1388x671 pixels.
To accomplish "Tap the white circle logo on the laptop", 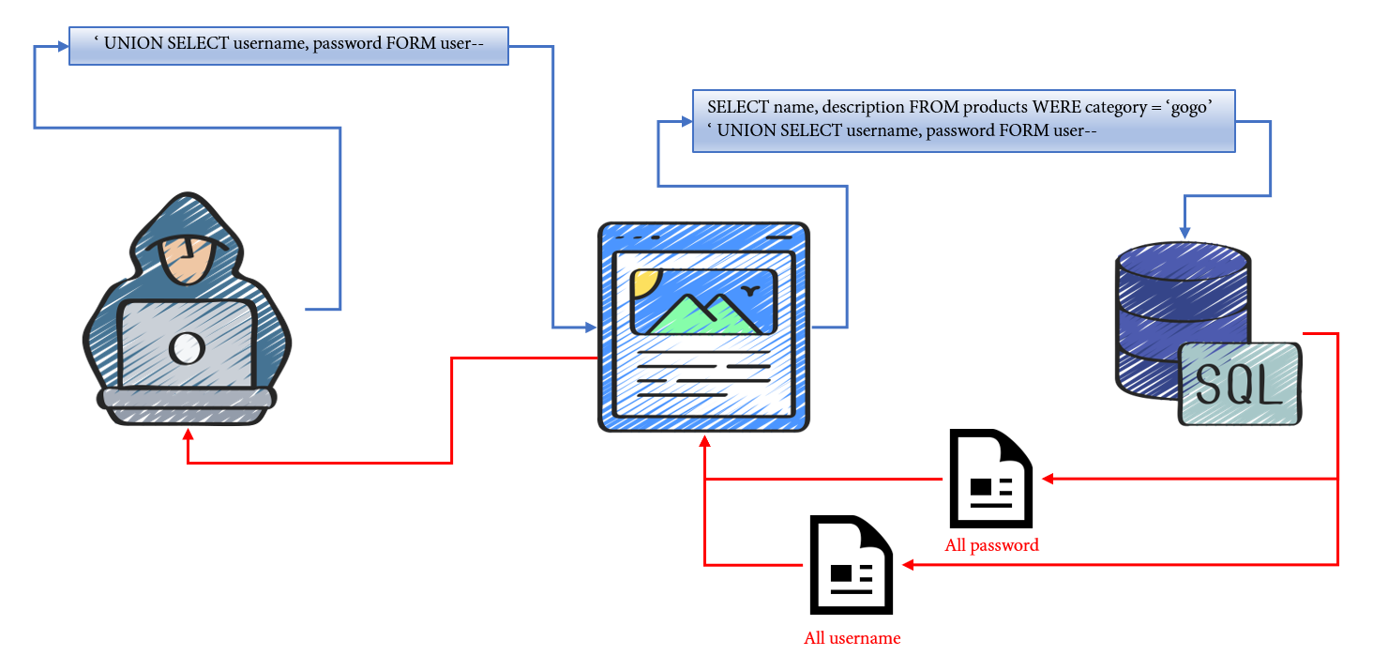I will click(187, 348).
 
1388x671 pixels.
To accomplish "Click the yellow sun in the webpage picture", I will click(645, 281).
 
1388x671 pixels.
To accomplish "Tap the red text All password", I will click(991, 545).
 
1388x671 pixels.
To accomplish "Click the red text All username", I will click(852, 638).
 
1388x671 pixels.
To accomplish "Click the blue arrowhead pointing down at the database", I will click(1184, 230).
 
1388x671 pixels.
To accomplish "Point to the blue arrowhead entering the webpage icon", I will click(591, 328).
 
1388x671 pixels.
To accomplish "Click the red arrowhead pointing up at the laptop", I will click(189, 435).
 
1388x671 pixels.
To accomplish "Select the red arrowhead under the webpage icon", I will click(704, 441).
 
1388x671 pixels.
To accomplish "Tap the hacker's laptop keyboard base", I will click(187, 399).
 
